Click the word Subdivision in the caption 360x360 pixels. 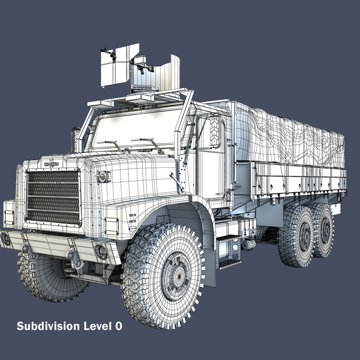point(48,326)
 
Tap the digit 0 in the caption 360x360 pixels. point(118,326)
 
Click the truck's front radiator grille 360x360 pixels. point(53,198)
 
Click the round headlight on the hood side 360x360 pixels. point(104,177)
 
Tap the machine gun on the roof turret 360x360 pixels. point(142,66)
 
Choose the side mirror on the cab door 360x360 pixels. point(215,131)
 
